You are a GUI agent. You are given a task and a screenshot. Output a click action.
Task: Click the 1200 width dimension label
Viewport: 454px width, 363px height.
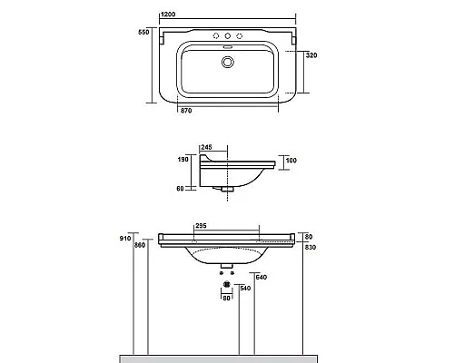pyautogui.click(x=168, y=15)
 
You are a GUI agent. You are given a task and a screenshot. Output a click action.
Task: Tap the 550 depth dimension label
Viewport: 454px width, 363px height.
pyautogui.click(x=143, y=32)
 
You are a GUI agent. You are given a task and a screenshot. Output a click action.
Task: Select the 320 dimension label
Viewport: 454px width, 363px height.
pyautogui.click(x=311, y=55)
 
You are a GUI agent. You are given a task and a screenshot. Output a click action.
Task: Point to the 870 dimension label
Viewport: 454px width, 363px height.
pyautogui.click(x=186, y=111)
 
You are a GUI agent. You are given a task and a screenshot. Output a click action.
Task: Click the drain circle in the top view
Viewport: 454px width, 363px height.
pyautogui.click(x=227, y=62)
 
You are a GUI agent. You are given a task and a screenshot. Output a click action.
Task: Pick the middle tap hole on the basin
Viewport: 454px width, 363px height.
pyautogui.click(x=227, y=36)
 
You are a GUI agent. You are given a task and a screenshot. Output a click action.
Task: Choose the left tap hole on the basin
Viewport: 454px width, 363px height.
pyautogui.click(x=216, y=36)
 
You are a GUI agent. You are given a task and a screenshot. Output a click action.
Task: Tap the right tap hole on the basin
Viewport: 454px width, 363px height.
pyautogui.click(x=239, y=36)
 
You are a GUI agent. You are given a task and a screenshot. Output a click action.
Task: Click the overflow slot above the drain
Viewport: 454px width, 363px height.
pyautogui.click(x=227, y=47)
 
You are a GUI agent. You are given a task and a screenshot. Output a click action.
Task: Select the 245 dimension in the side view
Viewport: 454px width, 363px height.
pyautogui.click(x=206, y=147)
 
